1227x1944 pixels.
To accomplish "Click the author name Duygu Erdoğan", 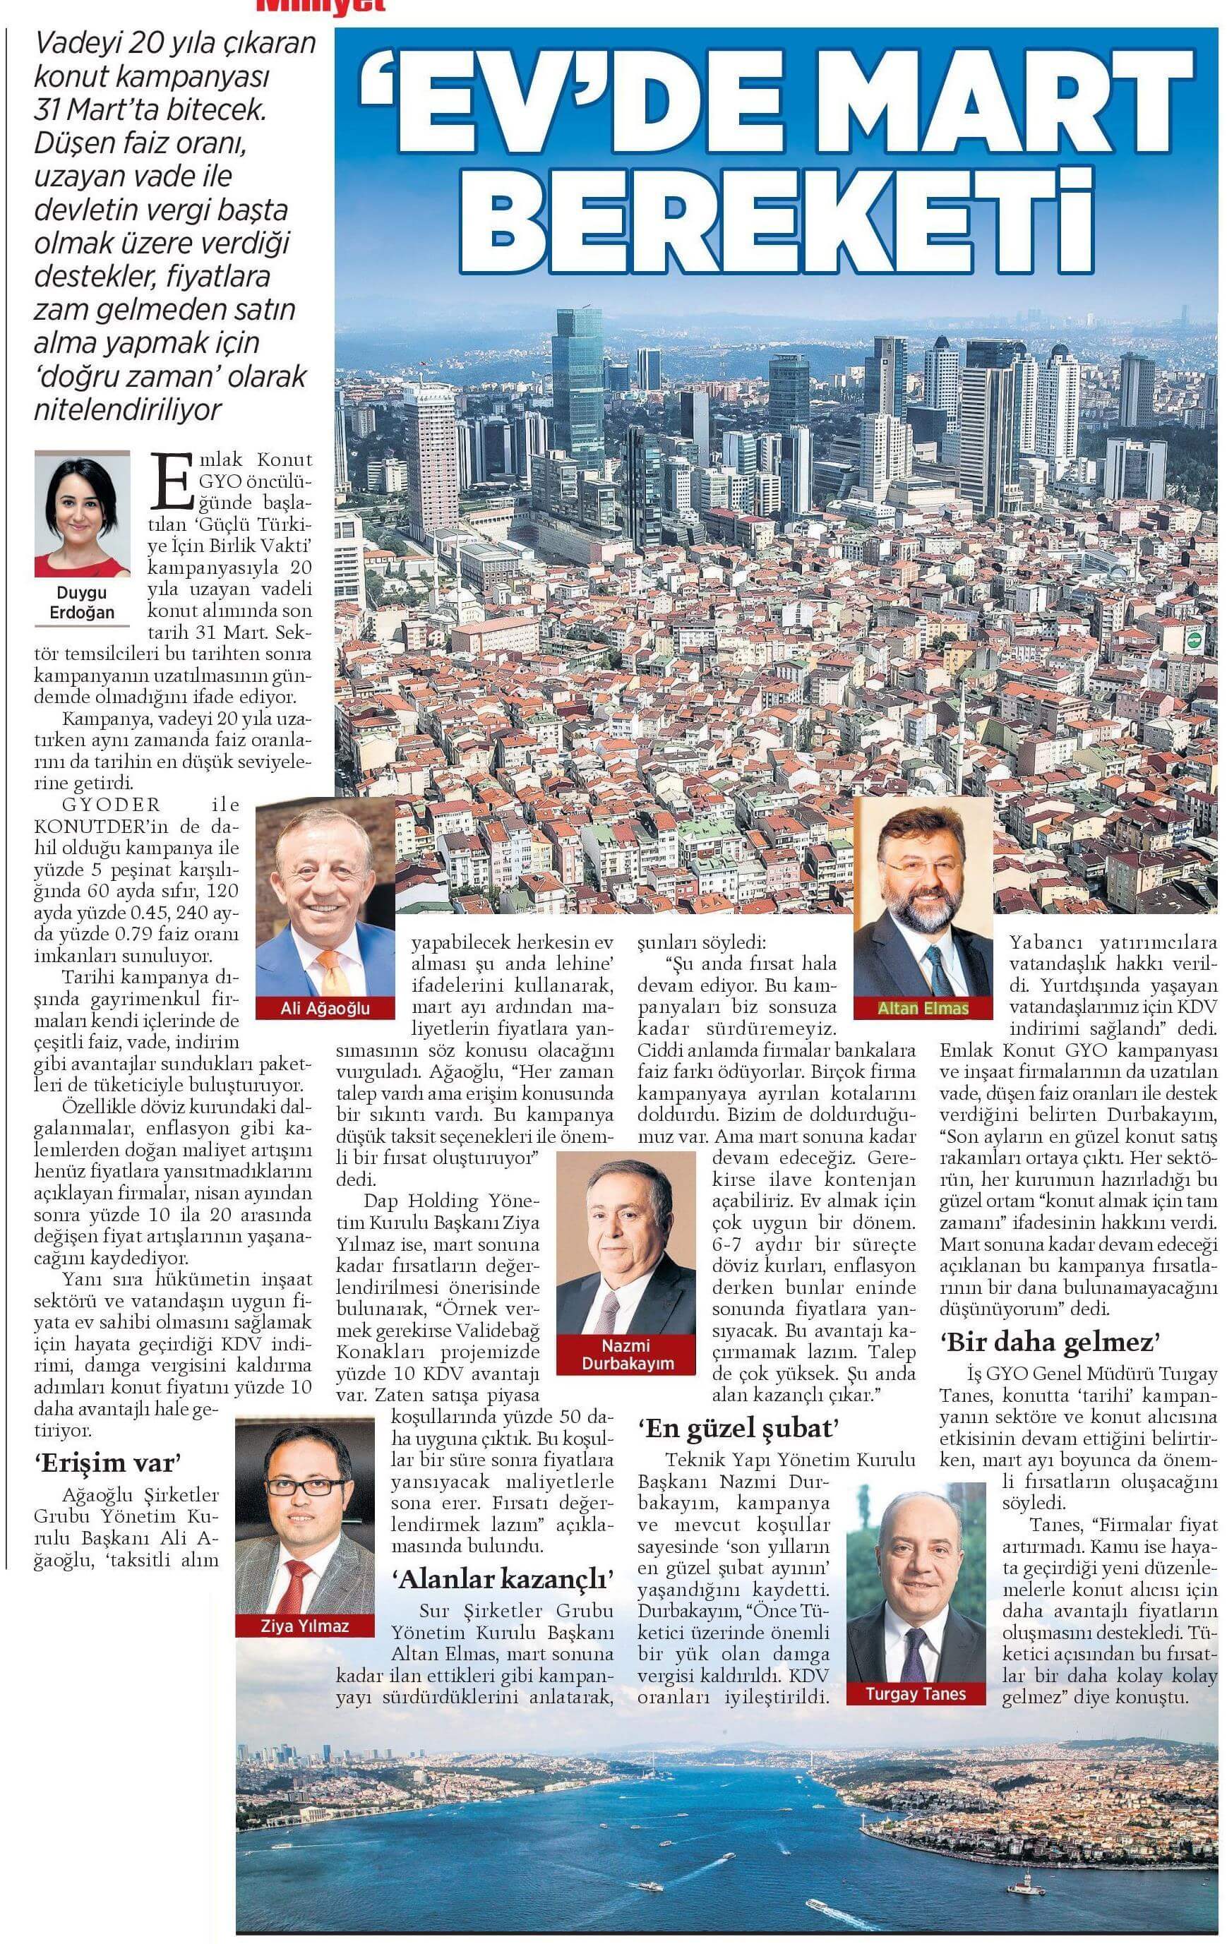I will pyautogui.click(x=81, y=603).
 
